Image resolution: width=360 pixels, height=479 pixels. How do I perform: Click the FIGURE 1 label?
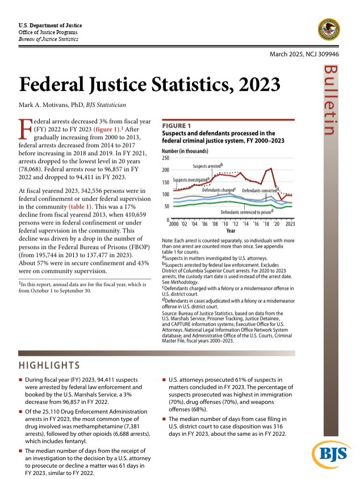177,125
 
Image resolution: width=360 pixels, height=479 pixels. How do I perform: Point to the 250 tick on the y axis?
166,157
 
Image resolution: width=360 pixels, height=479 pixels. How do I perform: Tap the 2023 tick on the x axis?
290,224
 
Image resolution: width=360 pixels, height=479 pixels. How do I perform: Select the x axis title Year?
231,231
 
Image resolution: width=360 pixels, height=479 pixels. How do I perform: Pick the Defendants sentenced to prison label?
247,212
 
